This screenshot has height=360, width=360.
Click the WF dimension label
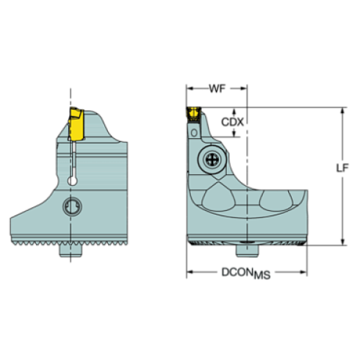click(217, 89)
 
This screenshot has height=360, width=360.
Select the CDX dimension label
click(232, 122)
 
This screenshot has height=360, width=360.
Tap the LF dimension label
click(342, 168)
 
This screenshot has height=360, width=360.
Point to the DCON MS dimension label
click(246, 273)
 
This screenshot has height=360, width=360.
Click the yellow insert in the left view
click(76, 124)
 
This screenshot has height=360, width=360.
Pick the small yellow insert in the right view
click(193, 114)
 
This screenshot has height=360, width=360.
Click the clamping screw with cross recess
click(212, 159)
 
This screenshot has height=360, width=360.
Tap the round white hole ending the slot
click(72, 181)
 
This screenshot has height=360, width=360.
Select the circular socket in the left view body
click(72, 206)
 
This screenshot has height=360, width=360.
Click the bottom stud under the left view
click(71, 251)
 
